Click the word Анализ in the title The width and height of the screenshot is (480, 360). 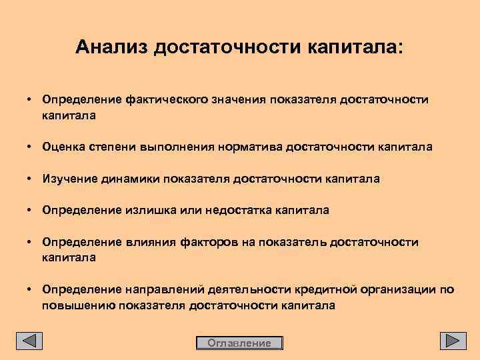112,47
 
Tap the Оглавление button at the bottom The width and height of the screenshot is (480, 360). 239,343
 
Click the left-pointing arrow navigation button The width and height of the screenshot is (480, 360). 29,341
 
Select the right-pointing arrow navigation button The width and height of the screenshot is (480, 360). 453,341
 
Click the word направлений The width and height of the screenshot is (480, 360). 170,290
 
